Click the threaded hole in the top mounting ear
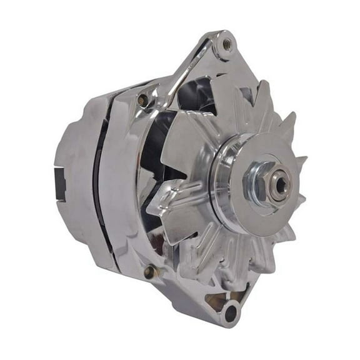click(x=227, y=44)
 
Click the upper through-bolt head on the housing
click(x=143, y=99)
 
